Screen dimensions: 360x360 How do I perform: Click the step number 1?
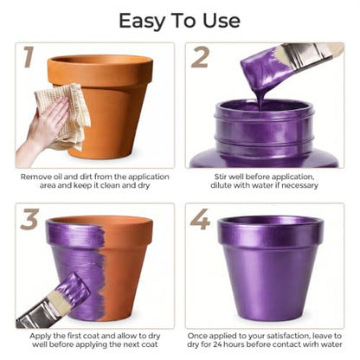pos(29,57)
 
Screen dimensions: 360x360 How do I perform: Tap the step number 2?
pos(200,58)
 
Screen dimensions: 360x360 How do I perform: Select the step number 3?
pos(29,219)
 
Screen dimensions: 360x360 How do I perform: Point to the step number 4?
pos(200,219)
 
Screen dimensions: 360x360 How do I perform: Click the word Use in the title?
pos(222,21)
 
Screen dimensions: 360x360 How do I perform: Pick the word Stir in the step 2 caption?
pos(221,177)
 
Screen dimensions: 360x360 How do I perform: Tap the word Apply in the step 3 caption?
pos(40,336)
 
